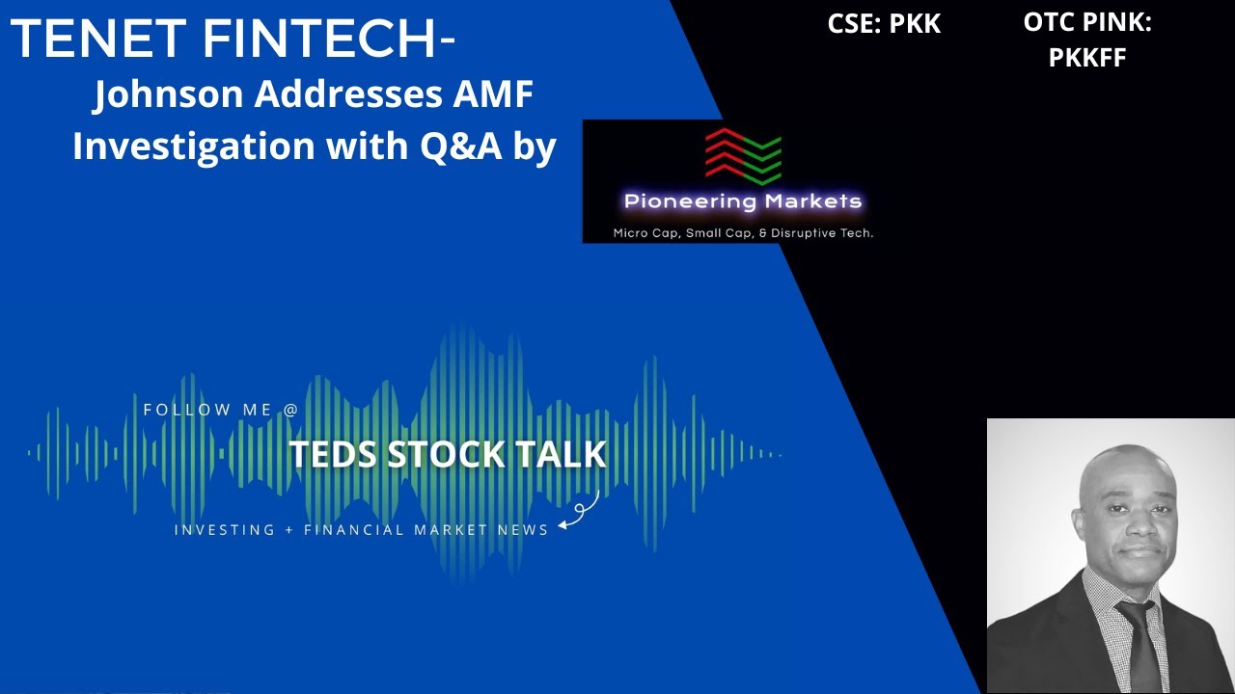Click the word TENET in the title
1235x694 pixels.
coord(97,39)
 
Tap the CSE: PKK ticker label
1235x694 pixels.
coord(884,24)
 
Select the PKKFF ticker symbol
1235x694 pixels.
coord(1087,58)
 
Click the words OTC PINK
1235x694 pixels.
coord(1087,24)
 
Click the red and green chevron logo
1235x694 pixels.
coord(743,155)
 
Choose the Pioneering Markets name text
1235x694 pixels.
coord(742,201)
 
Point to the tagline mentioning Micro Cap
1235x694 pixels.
coord(743,232)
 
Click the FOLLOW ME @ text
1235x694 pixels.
coord(221,410)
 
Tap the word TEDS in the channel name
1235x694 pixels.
coord(334,454)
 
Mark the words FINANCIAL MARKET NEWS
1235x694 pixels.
coord(425,529)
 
